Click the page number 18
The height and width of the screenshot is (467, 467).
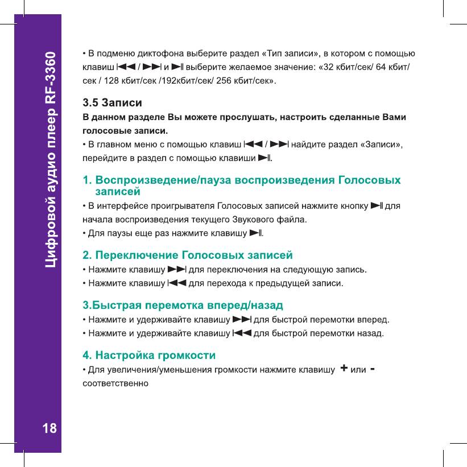pyautogui.click(x=50, y=428)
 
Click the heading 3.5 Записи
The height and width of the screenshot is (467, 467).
pyautogui.click(x=113, y=104)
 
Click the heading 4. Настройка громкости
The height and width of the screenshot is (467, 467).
pyautogui.click(x=149, y=356)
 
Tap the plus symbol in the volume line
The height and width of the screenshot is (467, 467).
pyautogui.click(x=344, y=369)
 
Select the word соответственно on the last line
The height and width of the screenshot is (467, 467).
pyautogui.click(x=116, y=383)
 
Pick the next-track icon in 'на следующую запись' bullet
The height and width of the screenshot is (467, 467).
pyautogui.click(x=177, y=268)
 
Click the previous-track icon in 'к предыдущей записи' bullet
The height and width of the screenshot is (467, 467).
pyautogui.click(x=177, y=282)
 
